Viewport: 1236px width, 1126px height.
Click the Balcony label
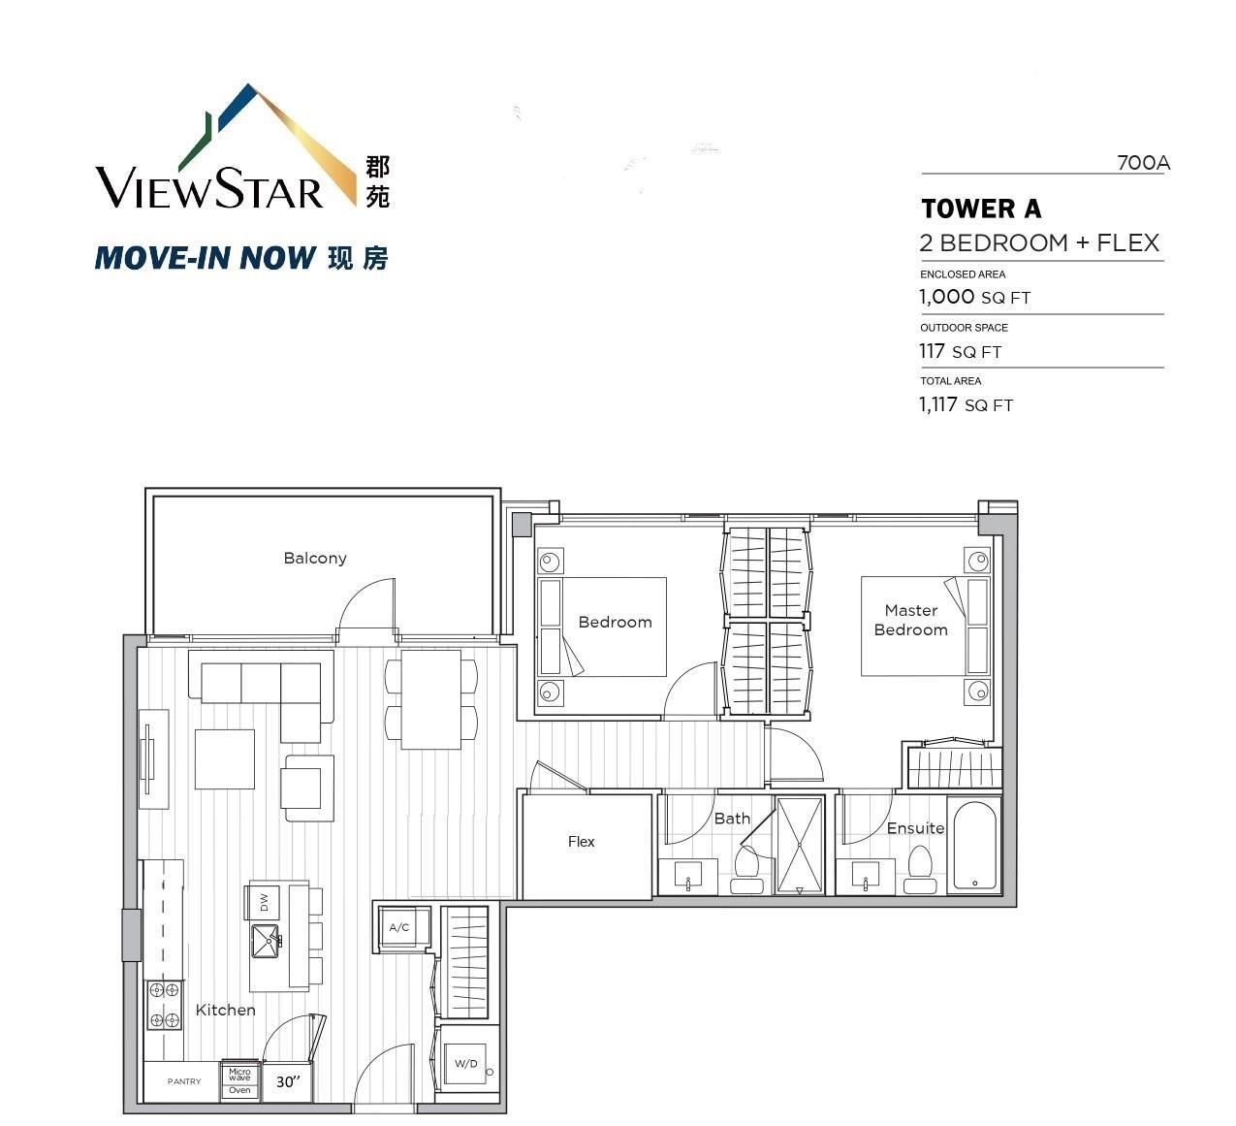tap(315, 558)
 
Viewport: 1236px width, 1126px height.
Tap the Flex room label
tap(581, 842)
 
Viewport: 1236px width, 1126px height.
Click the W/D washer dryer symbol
tap(466, 1064)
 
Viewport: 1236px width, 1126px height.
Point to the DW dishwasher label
tap(265, 902)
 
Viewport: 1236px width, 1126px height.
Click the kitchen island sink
tap(267, 942)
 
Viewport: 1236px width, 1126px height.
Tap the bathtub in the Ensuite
tap(974, 846)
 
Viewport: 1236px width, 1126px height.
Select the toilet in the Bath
tap(747, 870)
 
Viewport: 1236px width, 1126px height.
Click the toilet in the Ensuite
tap(921, 870)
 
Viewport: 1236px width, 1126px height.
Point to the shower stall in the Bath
tap(799, 845)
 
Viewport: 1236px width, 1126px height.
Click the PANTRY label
tap(184, 1081)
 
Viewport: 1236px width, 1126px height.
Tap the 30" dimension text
tap(288, 1081)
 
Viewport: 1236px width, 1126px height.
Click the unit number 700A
tap(1143, 163)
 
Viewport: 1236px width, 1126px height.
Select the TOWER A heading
tap(981, 209)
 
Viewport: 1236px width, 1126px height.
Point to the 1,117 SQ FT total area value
tap(966, 404)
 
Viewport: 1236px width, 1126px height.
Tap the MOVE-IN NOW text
tap(206, 257)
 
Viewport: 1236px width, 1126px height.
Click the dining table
tap(430, 700)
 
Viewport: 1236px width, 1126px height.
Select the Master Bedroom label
tap(910, 621)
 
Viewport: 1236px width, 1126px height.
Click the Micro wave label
tap(239, 1075)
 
